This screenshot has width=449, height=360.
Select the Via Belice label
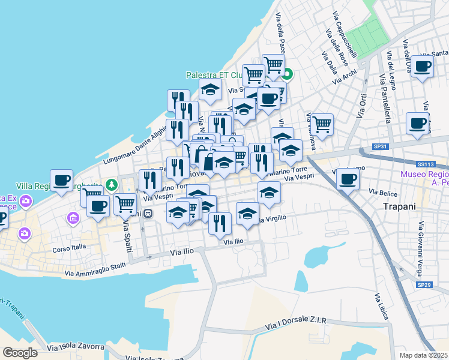click(x=383, y=193)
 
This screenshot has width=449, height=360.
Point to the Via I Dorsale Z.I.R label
click(x=295, y=324)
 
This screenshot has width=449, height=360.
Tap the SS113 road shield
click(x=425, y=163)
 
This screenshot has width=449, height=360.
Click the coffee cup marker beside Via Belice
click(x=348, y=178)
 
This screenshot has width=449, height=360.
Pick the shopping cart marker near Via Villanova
click(x=322, y=124)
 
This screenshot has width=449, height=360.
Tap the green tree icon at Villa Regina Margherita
click(x=110, y=184)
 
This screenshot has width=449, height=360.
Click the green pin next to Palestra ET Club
click(x=288, y=75)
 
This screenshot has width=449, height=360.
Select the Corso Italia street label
click(x=69, y=246)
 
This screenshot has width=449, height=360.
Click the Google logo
click(x=20, y=352)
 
